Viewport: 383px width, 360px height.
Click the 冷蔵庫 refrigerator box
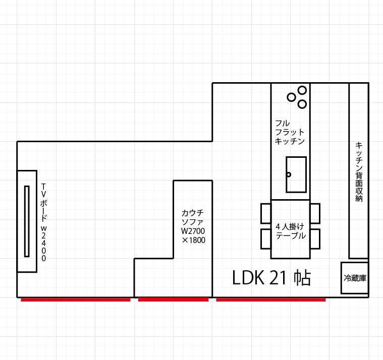tap(355, 278)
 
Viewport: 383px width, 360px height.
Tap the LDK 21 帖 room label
tap(271, 278)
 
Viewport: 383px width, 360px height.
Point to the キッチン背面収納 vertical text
tap(359, 172)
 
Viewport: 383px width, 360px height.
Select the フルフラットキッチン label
tap(290, 132)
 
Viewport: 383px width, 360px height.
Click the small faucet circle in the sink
tap(289, 174)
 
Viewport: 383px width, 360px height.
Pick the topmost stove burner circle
tap(302, 90)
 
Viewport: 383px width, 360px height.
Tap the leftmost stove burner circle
tap(291, 97)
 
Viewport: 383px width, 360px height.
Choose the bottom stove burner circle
tap(302, 104)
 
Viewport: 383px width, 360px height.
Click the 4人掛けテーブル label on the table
tap(291, 231)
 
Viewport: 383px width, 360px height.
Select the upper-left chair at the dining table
tap(266, 214)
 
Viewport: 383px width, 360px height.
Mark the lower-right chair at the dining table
tap(315, 239)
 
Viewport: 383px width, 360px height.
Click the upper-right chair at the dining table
tap(315, 214)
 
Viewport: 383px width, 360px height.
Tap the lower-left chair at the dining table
tap(266, 239)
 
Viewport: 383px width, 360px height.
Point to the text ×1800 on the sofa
tap(193, 240)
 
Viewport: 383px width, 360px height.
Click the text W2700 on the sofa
tap(193, 231)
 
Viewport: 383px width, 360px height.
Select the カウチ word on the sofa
tap(192, 213)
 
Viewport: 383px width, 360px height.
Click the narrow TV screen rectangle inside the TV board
tap(27, 221)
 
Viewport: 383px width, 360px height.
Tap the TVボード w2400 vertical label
tap(43, 222)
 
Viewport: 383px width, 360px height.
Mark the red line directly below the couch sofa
tap(173, 299)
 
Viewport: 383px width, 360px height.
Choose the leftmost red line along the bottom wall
tap(76, 299)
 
